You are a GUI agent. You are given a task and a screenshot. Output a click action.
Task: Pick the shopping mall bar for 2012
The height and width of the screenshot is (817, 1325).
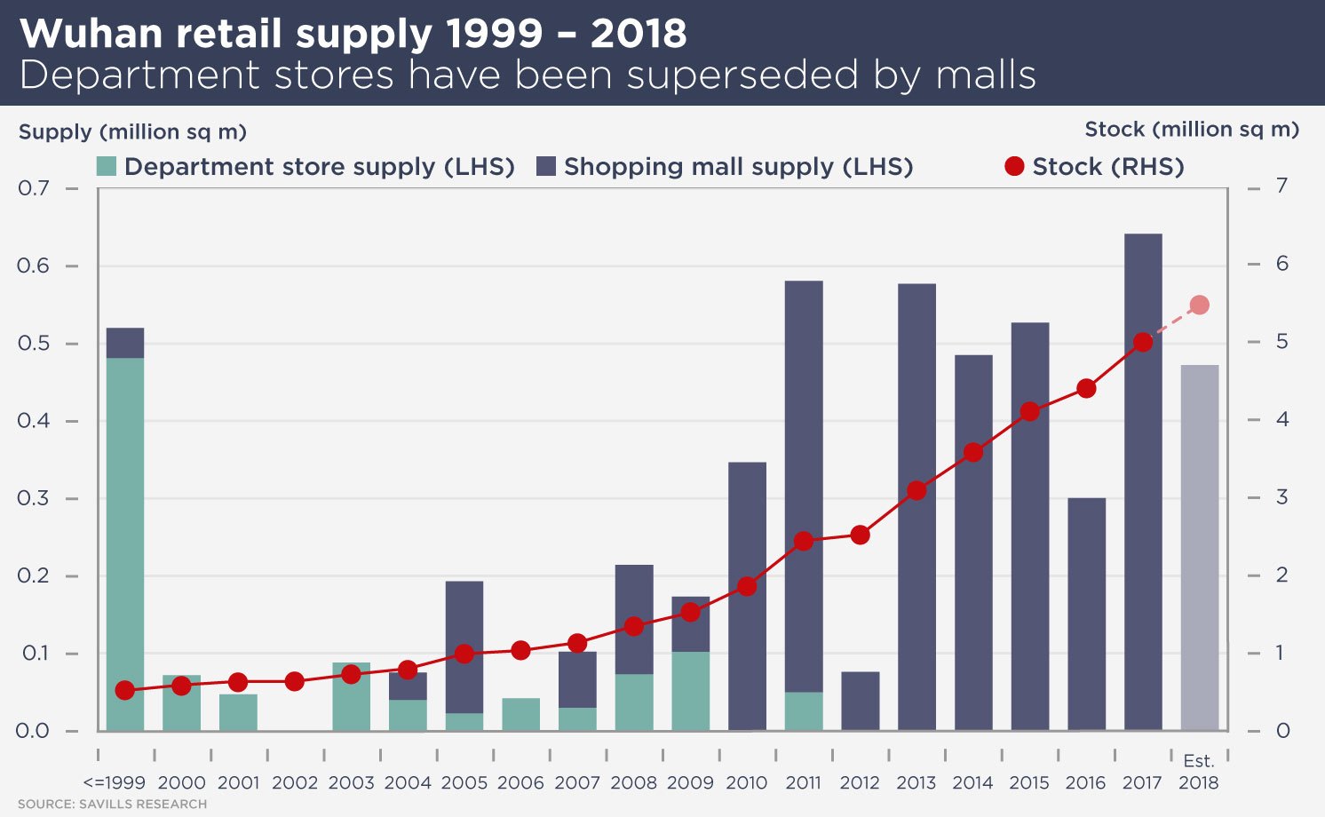click(x=860, y=701)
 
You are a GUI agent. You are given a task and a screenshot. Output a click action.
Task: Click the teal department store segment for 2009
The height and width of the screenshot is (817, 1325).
click(x=690, y=691)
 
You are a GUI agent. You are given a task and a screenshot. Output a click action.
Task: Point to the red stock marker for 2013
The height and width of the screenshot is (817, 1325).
click(x=916, y=490)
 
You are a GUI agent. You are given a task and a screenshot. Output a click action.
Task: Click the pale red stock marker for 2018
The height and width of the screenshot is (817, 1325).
click(x=1199, y=305)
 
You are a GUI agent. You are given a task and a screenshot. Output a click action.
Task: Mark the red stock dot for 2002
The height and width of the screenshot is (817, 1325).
click(x=295, y=682)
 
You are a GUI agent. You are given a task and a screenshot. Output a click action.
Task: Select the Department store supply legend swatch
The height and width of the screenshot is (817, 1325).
click(x=107, y=166)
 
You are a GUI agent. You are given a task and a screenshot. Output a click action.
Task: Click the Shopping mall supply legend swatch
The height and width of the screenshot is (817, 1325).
click(x=546, y=166)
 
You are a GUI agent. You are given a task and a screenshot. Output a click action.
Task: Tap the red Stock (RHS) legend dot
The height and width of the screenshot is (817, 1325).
click(x=1014, y=166)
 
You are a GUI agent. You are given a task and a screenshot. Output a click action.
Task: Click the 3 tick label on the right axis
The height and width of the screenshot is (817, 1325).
click(x=1281, y=497)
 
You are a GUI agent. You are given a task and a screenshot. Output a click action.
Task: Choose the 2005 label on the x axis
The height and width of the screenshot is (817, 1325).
click(x=464, y=783)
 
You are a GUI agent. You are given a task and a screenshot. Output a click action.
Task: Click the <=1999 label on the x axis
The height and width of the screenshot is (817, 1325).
click(x=114, y=783)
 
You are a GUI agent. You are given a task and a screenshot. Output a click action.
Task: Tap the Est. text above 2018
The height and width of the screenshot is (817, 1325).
click(x=1199, y=761)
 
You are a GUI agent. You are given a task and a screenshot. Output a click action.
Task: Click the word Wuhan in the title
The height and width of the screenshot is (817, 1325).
click(x=91, y=34)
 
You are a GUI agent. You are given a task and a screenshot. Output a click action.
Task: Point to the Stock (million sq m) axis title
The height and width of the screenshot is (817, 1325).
click(x=1191, y=130)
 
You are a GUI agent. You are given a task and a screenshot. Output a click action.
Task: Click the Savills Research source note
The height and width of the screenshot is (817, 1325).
click(x=112, y=805)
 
